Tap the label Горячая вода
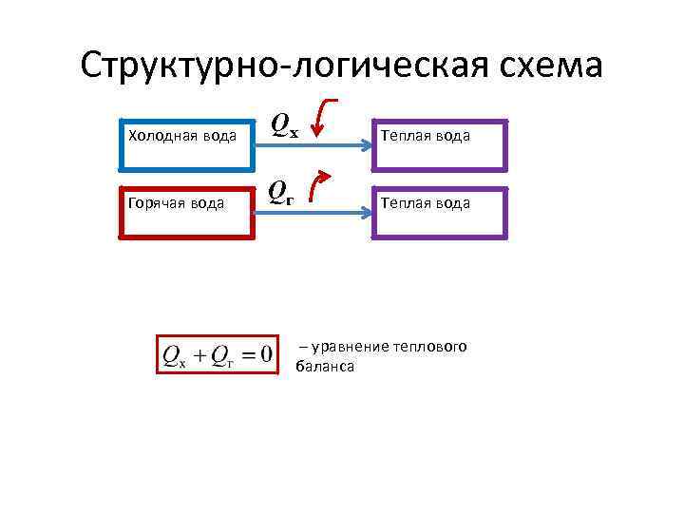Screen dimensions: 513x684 point(176,203)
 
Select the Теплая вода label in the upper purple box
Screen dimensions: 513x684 point(425,136)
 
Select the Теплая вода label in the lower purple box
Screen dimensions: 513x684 point(425,203)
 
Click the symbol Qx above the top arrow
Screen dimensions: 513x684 point(283,124)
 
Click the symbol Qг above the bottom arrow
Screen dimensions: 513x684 point(280,193)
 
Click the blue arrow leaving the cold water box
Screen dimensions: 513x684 point(313,145)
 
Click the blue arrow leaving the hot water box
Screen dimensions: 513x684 point(313,215)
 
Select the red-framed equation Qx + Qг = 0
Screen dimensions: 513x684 point(218,354)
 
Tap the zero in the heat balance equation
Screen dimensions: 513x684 point(266,354)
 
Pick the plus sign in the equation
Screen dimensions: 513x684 point(199,355)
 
